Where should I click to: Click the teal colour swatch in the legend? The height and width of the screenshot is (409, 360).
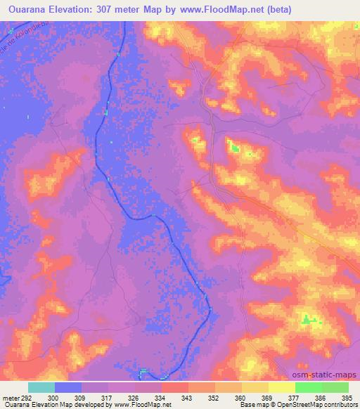41,387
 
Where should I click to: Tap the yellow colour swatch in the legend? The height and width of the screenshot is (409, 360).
281,387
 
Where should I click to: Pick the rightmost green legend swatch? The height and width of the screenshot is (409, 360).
335,387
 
